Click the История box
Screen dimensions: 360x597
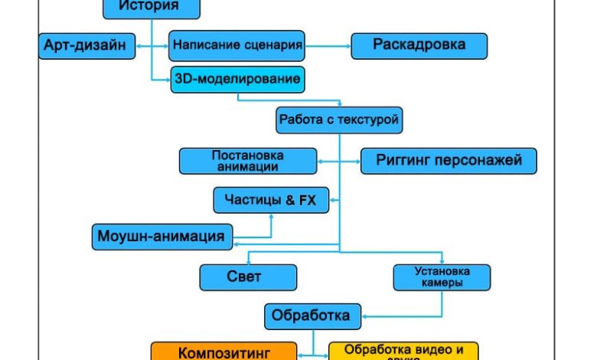(151, 8)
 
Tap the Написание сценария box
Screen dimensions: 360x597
(237, 45)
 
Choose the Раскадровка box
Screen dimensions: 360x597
(419, 45)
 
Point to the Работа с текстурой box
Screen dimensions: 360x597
(338, 119)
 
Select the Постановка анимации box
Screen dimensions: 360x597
(248, 161)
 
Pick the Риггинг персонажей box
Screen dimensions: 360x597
(449, 161)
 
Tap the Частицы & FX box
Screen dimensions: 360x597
(270, 201)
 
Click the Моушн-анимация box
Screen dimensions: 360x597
(161, 236)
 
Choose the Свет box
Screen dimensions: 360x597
(246, 277)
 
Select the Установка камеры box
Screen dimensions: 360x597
(442, 277)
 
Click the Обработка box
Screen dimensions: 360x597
(311, 315)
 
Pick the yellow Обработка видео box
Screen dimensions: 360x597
(403, 352)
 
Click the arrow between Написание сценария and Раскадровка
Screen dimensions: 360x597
(328, 46)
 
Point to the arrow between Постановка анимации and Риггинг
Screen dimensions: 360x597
(338, 161)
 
